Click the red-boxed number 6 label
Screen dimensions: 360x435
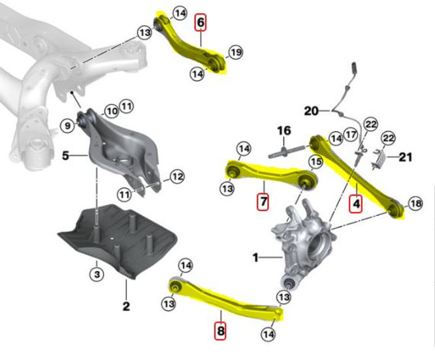[201, 24]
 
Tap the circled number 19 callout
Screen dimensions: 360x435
[235, 52]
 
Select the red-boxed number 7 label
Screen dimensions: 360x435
[262, 202]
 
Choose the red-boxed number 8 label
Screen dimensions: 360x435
[221, 331]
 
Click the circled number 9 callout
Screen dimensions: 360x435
[67, 124]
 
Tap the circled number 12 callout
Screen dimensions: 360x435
[178, 176]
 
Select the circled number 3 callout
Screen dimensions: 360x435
[97, 274]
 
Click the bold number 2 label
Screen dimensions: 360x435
[126, 305]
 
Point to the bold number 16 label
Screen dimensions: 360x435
[283, 131]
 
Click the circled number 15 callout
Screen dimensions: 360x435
[316, 161]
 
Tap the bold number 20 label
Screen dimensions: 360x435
[311, 111]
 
